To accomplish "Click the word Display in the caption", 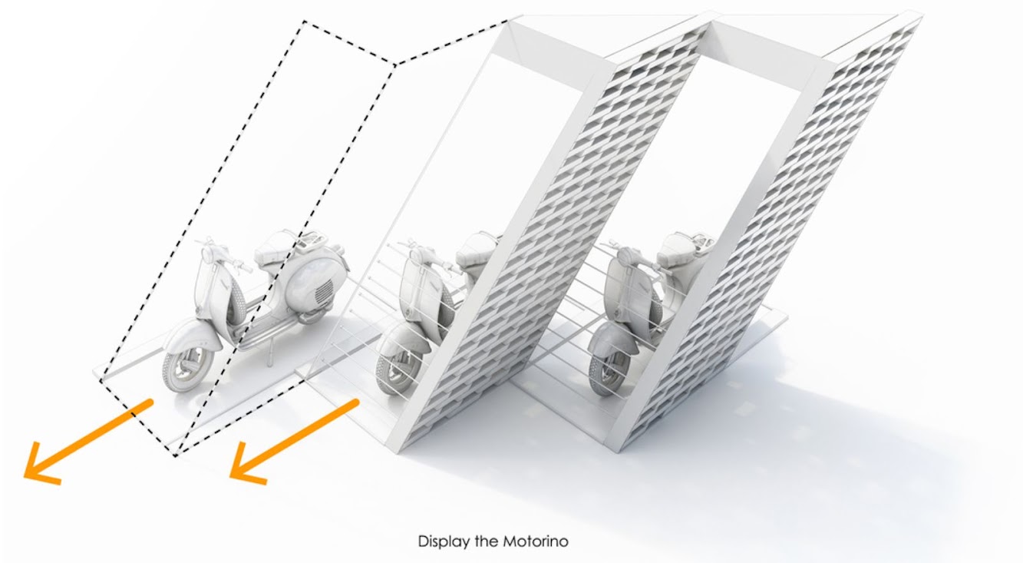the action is pyautogui.click(x=444, y=542).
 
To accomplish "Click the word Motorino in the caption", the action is pyautogui.click(x=536, y=541).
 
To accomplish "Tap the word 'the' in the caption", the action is pyautogui.click(x=486, y=541).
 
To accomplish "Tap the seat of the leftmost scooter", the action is pyautogui.click(x=273, y=250).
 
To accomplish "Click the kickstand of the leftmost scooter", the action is pyautogui.click(x=269, y=352).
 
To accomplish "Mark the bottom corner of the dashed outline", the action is pyautogui.click(x=176, y=455).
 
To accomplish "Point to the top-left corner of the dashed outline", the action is pyautogui.click(x=305, y=22).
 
